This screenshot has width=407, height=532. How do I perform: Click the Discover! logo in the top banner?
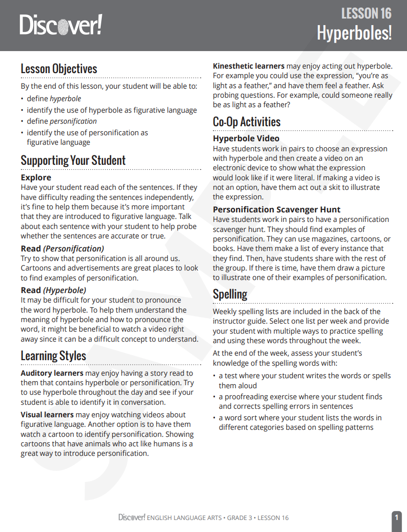pyautogui.click(x=61, y=25)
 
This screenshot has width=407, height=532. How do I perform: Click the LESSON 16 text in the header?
pyautogui.click(x=366, y=14)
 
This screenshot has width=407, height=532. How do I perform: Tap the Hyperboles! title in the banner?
pyautogui.click(x=354, y=33)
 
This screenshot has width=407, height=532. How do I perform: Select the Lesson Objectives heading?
pyautogui.click(x=59, y=69)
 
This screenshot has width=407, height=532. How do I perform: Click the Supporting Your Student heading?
pyautogui.click(x=73, y=160)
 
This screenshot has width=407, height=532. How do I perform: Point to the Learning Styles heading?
pyautogui.click(x=53, y=356)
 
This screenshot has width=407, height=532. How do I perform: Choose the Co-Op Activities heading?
pyautogui.click(x=247, y=122)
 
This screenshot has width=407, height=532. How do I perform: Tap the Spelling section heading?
pyautogui.click(x=230, y=294)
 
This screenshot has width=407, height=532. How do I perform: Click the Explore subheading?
pyautogui.click(x=36, y=177)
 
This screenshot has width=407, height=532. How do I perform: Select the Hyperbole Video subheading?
pyautogui.click(x=246, y=139)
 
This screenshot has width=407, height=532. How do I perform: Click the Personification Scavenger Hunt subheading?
pyautogui.click(x=277, y=209)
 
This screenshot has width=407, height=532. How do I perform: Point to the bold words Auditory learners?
pyautogui.click(x=52, y=373)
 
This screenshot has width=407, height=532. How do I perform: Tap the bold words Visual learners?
pyautogui.click(x=47, y=415)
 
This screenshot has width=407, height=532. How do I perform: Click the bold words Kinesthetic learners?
pyautogui.click(x=249, y=66)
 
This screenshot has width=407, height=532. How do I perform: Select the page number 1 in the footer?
pyautogui.click(x=396, y=517)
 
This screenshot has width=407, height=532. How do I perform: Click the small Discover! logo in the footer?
pyautogui.click(x=132, y=517)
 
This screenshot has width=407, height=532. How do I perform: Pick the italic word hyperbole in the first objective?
pyautogui.click(x=65, y=99)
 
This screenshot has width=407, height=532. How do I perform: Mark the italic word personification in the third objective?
pyautogui.click(x=73, y=121)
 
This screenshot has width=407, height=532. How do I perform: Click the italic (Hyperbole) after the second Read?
pyautogui.click(x=65, y=290)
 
